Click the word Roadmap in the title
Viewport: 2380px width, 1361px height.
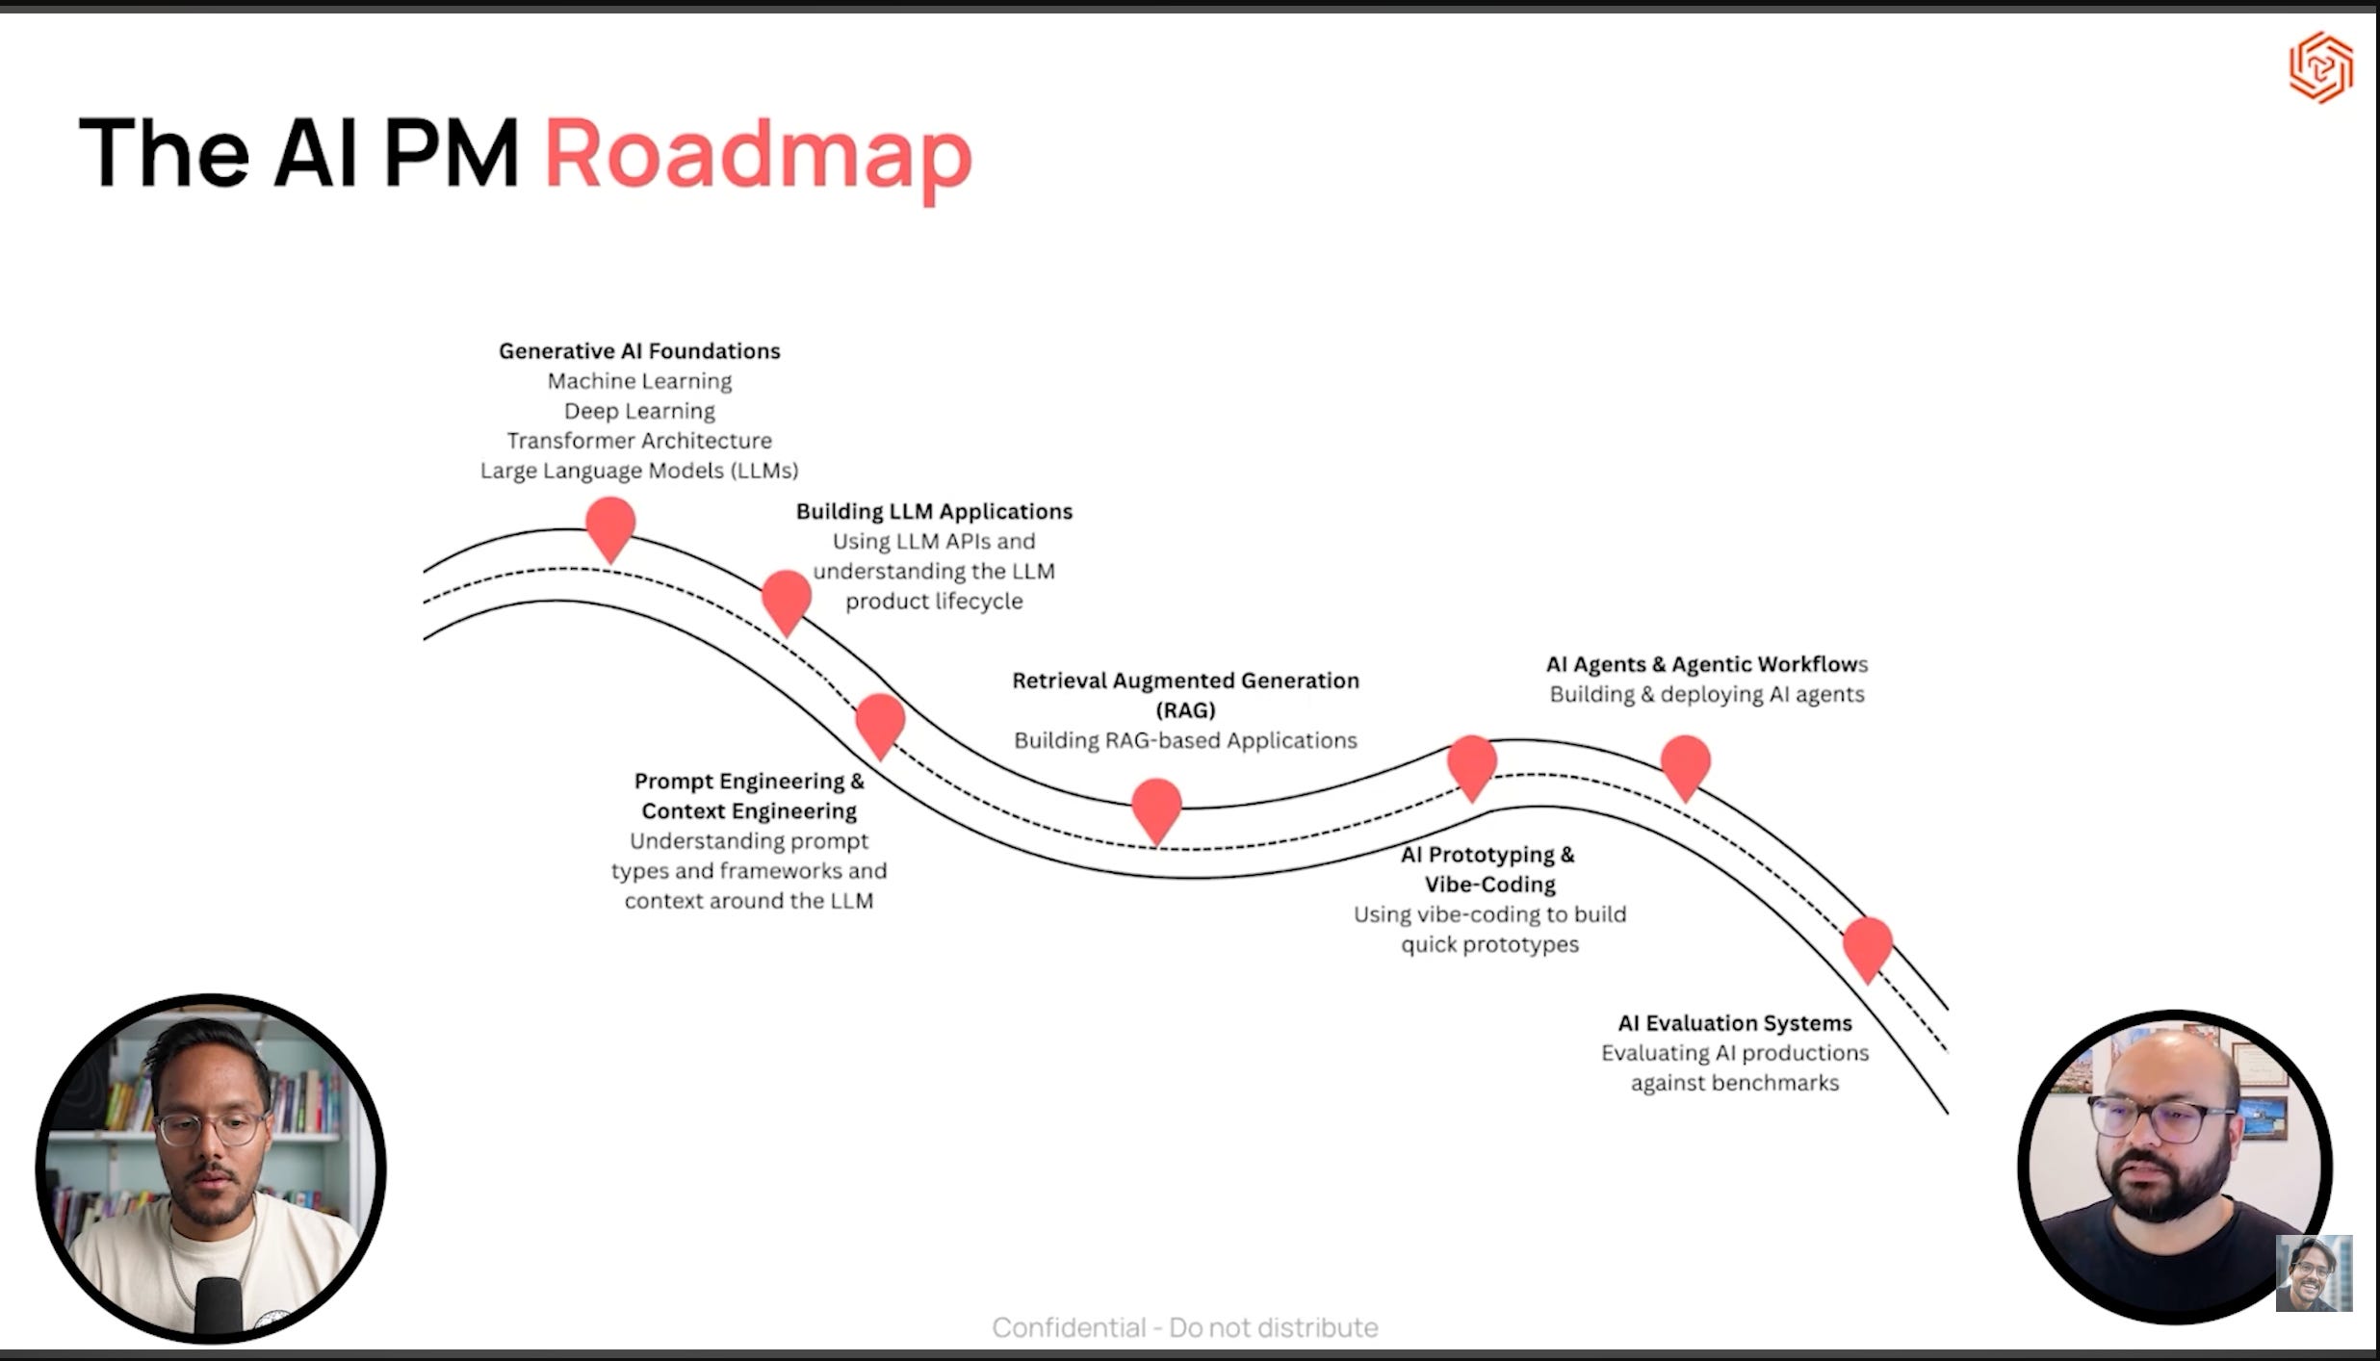[758, 154]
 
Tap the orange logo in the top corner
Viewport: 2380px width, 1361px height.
[2320, 67]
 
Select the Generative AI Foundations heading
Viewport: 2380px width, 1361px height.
[639, 351]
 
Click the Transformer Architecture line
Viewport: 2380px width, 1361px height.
[639, 441]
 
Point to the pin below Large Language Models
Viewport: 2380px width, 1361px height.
[610, 526]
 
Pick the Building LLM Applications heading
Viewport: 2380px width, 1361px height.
[934, 511]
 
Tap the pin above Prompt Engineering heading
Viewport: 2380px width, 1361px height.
[880, 723]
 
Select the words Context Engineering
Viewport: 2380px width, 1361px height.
[749, 811]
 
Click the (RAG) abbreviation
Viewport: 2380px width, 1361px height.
[1185, 710]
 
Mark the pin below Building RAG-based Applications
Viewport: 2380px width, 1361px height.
[1156, 807]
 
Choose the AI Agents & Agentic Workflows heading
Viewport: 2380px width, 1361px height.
[1706, 664]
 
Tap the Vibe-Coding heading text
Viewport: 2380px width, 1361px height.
[1489, 885]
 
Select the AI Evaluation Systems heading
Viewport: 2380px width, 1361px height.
[1734, 1023]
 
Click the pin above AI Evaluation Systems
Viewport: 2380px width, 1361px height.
[1868, 945]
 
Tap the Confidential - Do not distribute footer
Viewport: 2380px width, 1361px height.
[1185, 1327]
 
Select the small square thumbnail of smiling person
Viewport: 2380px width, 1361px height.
[2314, 1273]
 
